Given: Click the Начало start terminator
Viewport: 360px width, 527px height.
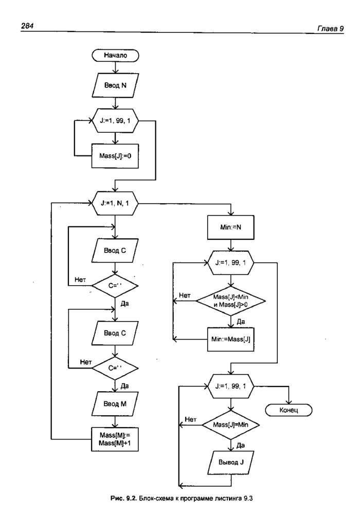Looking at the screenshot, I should tap(115, 55).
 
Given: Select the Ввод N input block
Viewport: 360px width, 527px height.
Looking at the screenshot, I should tap(115, 86).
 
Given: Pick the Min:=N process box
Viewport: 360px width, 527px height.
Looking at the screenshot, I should tap(230, 226).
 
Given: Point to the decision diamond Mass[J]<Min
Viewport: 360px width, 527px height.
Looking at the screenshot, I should tap(230, 301).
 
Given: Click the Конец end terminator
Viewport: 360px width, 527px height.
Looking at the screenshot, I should tap(289, 410).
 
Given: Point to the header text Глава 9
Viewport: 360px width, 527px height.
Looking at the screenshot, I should tap(331, 29).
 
